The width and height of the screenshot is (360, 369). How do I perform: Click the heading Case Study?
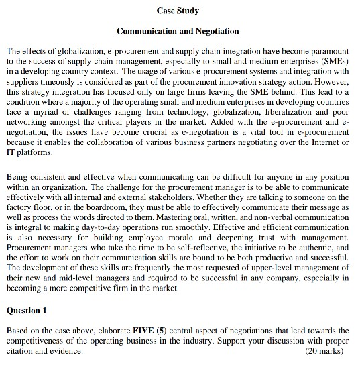point(178,11)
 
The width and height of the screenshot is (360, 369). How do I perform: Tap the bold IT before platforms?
point(11,153)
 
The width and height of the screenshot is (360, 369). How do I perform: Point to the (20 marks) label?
point(328,350)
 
